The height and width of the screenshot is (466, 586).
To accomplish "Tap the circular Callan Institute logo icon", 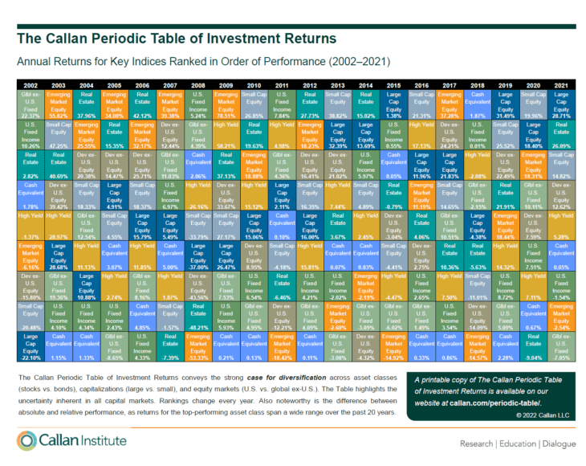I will pyautogui.click(x=29, y=441).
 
